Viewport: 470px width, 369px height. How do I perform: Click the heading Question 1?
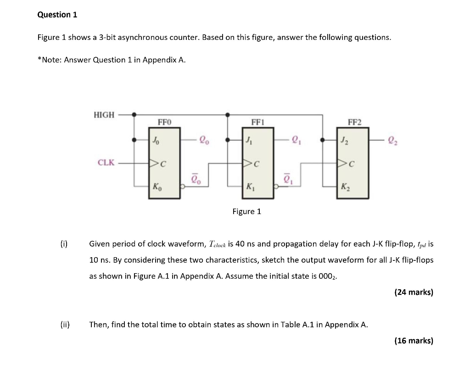tap(57, 15)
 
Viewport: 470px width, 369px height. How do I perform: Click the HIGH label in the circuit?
tap(104, 115)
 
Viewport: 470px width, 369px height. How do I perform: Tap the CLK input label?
tap(106, 162)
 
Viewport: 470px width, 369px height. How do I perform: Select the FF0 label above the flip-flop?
tap(164, 122)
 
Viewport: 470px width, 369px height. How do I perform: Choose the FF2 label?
tap(354, 122)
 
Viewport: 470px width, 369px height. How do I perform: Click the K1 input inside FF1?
tap(250, 187)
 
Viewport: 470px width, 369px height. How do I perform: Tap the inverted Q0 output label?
tap(196, 178)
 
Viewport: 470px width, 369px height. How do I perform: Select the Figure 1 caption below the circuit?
tap(246, 211)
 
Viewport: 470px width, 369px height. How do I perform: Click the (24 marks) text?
tap(414, 292)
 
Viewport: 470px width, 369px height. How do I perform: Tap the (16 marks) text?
tap(414, 341)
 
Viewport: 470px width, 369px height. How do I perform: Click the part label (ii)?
tap(64, 325)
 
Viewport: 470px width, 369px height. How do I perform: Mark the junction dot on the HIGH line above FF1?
tap(228, 114)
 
